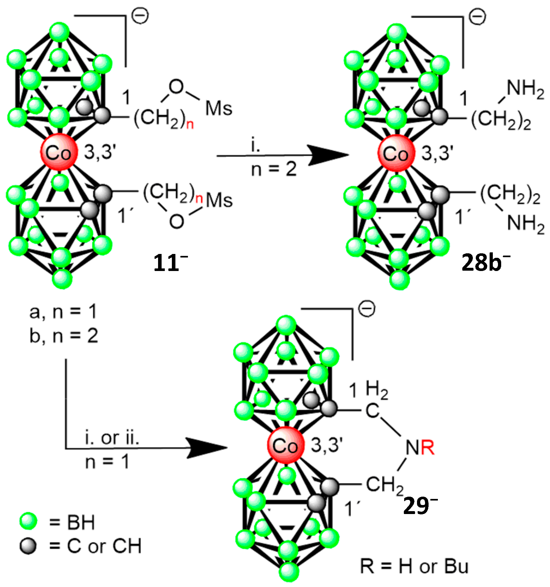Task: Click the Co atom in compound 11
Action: (59, 152)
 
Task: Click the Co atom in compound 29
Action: (285, 445)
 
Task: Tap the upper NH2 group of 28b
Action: (525, 88)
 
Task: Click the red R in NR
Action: (428, 447)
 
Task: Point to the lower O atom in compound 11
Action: (177, 221)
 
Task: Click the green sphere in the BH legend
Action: (28, 521)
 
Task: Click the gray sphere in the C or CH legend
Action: (28, 546)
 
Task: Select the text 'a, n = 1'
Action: (63, 312)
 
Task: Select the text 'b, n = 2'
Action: (64, 336)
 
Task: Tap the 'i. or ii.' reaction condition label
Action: (112, 438)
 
